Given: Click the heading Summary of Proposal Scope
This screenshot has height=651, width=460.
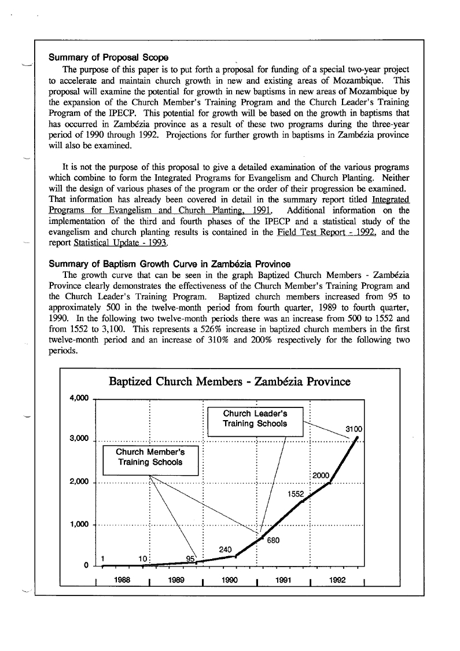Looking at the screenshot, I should [108, 58].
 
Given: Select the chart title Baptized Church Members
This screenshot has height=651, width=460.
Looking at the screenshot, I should [230, 382].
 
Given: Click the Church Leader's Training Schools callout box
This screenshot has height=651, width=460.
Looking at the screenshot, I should [255, 419].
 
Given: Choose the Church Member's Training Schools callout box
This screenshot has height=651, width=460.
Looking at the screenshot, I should [150, 457].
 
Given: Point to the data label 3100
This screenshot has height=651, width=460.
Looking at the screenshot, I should [354, 429].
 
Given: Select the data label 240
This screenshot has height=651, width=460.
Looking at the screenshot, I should [226, 549].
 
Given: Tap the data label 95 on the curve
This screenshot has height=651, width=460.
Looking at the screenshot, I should [190, 558].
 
